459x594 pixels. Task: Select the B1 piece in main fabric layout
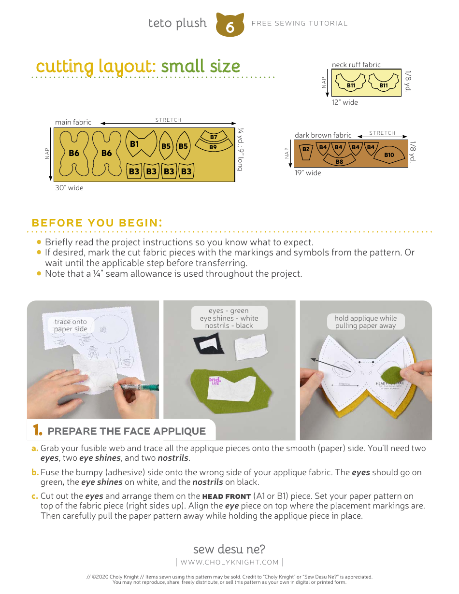point(134,144)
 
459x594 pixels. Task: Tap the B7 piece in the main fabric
point(214,138)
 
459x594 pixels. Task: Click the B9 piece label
point(213,147)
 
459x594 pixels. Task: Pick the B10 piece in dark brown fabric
point(389,155)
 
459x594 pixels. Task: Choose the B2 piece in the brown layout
point(306,150)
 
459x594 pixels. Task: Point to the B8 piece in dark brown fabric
point(339,161)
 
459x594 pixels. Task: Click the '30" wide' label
point(69,188)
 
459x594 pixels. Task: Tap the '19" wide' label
point(308,173)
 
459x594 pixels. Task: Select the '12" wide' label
point(345,102)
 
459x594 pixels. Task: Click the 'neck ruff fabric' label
point(356,65)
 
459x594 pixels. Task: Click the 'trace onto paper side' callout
point(71,325)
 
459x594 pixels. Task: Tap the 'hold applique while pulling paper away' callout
point(365,322)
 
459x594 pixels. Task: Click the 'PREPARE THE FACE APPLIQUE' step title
point(127,431)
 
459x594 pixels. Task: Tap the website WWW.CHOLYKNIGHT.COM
point(229,562)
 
